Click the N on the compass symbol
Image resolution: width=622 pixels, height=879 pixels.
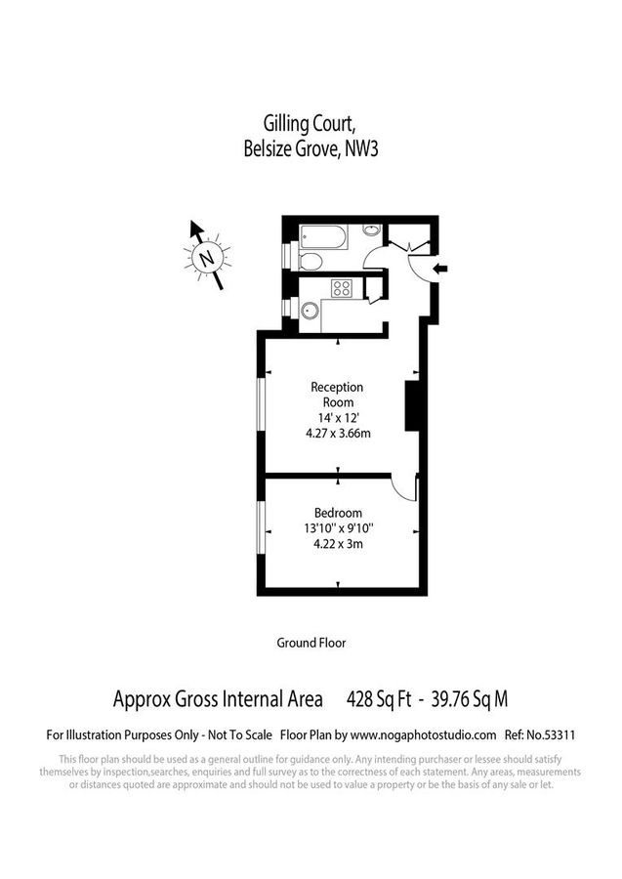(x=206, y=259)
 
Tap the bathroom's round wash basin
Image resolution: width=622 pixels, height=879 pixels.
(x=371, y=231)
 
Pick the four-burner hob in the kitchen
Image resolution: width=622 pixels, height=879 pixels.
(x=343, y=288)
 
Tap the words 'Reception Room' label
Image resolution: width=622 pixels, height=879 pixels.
(x=338, y=395)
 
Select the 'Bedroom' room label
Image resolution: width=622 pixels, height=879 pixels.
(x=338, y=513)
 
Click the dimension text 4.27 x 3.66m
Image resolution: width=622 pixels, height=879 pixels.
(x=338, y=434)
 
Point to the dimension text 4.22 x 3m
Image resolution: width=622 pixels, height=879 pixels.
(x=338, y=544)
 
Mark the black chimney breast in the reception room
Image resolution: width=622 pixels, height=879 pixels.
(x=411, y=404)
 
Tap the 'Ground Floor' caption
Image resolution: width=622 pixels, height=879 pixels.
(x=311, y=643)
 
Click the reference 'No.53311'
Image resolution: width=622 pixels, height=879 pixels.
(x=552, y=733)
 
